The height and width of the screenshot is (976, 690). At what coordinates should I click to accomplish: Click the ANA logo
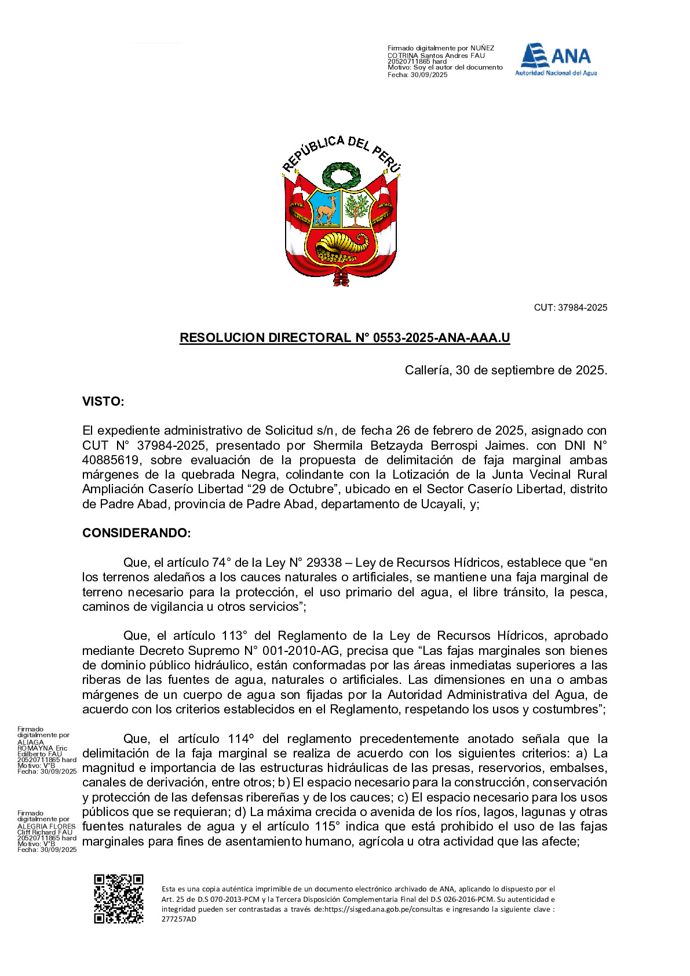click(x=556, y=59)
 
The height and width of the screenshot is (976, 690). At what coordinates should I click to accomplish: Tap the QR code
click(x=119, y=899)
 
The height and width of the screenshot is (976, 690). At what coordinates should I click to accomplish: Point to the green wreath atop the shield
click(x=341, y=174)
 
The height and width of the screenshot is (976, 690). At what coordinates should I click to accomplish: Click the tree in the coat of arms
click(x=357, y=209)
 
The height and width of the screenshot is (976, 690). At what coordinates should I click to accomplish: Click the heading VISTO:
click(x=103, y=402)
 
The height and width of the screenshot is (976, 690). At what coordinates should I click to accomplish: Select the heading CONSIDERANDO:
click(x=136, y=533)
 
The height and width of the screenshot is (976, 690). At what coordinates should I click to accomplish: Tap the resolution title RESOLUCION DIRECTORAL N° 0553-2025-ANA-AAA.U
click(x=345, y=338)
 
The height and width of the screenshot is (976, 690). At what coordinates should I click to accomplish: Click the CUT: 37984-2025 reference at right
click(x=570, y=308)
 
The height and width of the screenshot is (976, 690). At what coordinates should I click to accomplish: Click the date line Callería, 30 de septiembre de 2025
click(x=506, y=370)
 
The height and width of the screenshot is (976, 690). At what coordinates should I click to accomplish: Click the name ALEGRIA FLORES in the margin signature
click(x=46, y=826)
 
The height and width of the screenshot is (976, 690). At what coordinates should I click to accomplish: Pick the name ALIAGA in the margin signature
click(x=31, y=742)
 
